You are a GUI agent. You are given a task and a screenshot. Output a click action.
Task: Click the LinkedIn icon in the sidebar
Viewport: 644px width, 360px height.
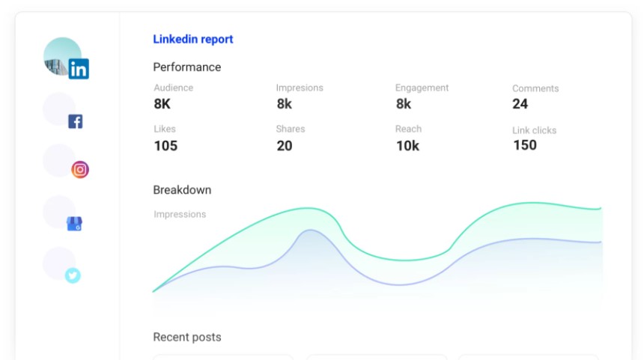(x=78, y=70)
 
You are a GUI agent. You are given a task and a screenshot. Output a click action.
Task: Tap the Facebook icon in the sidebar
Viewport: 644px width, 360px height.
(x=75, y=121)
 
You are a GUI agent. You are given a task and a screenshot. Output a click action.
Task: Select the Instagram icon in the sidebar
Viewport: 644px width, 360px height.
(x=80, y=169)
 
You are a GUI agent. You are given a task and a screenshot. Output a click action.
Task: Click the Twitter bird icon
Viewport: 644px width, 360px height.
(x=73, y=275)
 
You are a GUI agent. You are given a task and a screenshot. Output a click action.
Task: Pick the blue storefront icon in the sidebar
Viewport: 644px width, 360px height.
(x=74, y=223)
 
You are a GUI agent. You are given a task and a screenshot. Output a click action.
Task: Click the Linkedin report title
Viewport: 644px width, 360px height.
(x=193, y=40)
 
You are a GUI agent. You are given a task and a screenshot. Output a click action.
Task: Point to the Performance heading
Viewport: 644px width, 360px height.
(x=187, y=67)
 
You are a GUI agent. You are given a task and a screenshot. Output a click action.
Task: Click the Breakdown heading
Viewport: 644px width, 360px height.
(x=182, y=190)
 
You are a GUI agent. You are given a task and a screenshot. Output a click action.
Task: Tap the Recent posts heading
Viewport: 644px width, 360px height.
(x=187, y=338)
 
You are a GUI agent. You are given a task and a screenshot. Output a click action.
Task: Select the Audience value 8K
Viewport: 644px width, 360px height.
(x=162, y=104)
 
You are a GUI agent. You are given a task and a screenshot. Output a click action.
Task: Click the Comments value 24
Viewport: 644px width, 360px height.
(x=520, y=104)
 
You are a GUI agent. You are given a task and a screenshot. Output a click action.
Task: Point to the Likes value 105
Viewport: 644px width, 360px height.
(x=165, y=146)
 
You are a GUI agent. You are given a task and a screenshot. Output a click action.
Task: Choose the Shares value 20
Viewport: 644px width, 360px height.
(x=285, y=146)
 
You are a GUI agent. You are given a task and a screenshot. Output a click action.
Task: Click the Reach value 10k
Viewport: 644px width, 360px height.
(x=407, y=146)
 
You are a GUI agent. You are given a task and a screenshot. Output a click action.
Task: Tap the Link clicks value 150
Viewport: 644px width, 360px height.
(x=525, y=145)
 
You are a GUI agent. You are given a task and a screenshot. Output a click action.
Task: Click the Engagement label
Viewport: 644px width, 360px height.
(x=422, y=88)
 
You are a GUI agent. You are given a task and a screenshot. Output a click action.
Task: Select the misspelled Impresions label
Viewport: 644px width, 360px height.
(x=300, y=88)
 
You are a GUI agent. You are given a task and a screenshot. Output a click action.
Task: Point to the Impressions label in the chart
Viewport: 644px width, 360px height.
(x=180, y=214)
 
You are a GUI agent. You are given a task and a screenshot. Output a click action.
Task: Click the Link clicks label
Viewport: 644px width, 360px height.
(x=535, y=130)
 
